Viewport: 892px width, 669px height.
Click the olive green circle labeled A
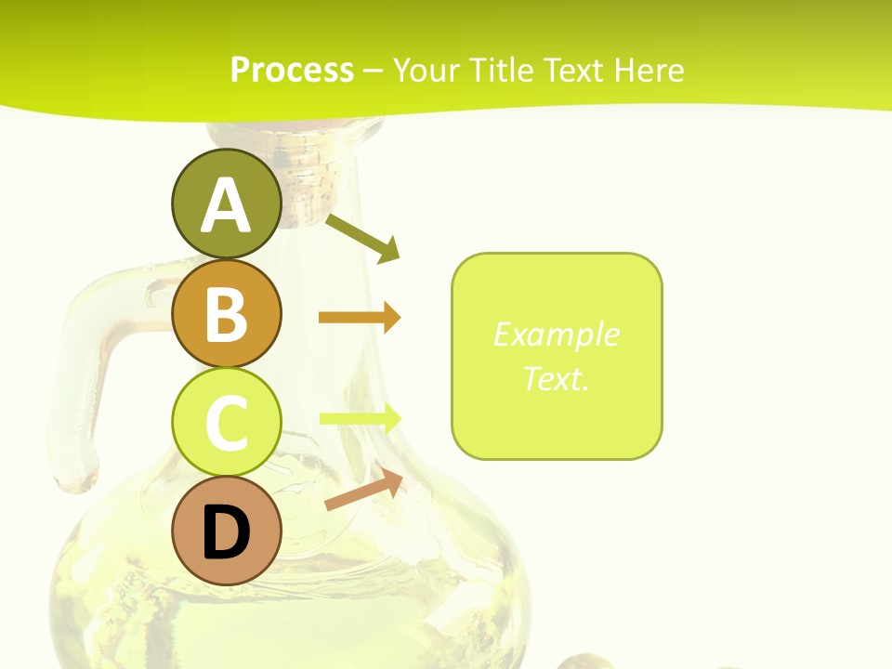[x=226, y=203]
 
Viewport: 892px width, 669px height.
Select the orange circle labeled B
[x=226, y=313]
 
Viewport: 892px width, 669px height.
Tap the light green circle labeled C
[x=226, y=421]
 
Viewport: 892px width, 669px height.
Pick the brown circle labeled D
[x=226, y=531]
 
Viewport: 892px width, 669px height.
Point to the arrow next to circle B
[x=359, y=318]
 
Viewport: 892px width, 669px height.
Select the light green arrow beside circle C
[x=359, y=418]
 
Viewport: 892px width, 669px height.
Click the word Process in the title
[x=292, y=70]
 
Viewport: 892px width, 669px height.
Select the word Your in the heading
[x=426, y=70]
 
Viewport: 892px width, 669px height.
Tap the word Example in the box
[x=556, y=334]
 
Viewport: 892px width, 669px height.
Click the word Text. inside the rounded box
[x=556, y=378]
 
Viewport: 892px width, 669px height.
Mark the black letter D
[x=226, y=532]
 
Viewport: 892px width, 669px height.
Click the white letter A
[x=226, y=205]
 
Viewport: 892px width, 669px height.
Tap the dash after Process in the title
[x=374, y=71]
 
